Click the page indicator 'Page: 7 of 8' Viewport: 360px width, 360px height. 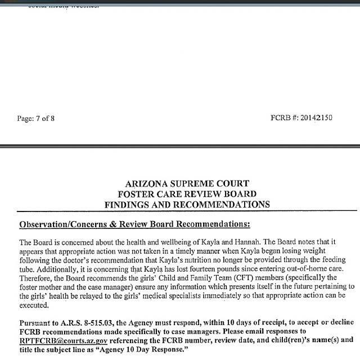37,118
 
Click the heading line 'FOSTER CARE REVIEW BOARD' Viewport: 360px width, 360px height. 187,194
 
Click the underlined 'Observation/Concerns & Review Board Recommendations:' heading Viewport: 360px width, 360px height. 134,224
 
